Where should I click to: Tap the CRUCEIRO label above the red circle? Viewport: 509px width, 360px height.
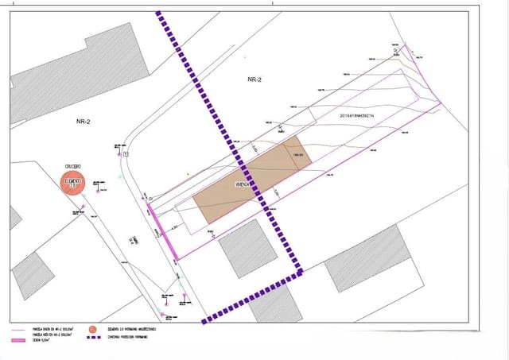72,166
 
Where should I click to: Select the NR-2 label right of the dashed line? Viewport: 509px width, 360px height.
254,80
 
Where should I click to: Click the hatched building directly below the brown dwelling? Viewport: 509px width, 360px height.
249,249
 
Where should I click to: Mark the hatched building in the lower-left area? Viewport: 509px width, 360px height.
33,273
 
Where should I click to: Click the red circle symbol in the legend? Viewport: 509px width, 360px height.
93,328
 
